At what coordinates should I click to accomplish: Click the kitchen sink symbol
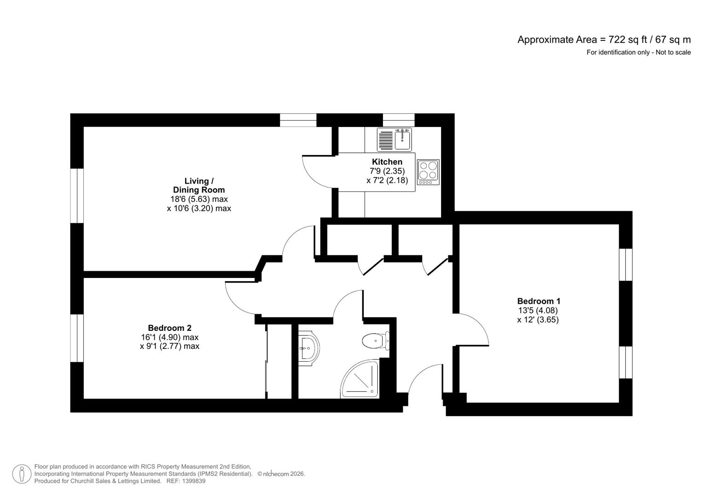tap(394, 139)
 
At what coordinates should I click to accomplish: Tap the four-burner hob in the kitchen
tap(428, 172)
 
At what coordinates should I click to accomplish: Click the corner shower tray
tap(360, 381)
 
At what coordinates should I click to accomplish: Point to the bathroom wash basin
tap(308, 348)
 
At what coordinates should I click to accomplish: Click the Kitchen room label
tap(387, 162)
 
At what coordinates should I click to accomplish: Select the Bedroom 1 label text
tap(538, 301)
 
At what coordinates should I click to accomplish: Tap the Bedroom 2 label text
tap(169, 328)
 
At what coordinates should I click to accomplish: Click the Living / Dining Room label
tap(199, 185)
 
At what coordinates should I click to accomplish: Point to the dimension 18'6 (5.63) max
tap(199, 199)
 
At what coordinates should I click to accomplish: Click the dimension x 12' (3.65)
tap(538, 319)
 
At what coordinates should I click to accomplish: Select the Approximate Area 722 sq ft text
tap(604, 40)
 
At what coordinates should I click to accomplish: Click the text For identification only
tap(638, 52)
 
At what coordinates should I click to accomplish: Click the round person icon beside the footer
tap(22, 474)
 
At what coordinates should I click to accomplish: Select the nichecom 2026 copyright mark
tap(281, 474)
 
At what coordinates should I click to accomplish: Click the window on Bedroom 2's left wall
tap(77, 338)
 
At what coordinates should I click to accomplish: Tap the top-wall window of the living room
tap(298, 120)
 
